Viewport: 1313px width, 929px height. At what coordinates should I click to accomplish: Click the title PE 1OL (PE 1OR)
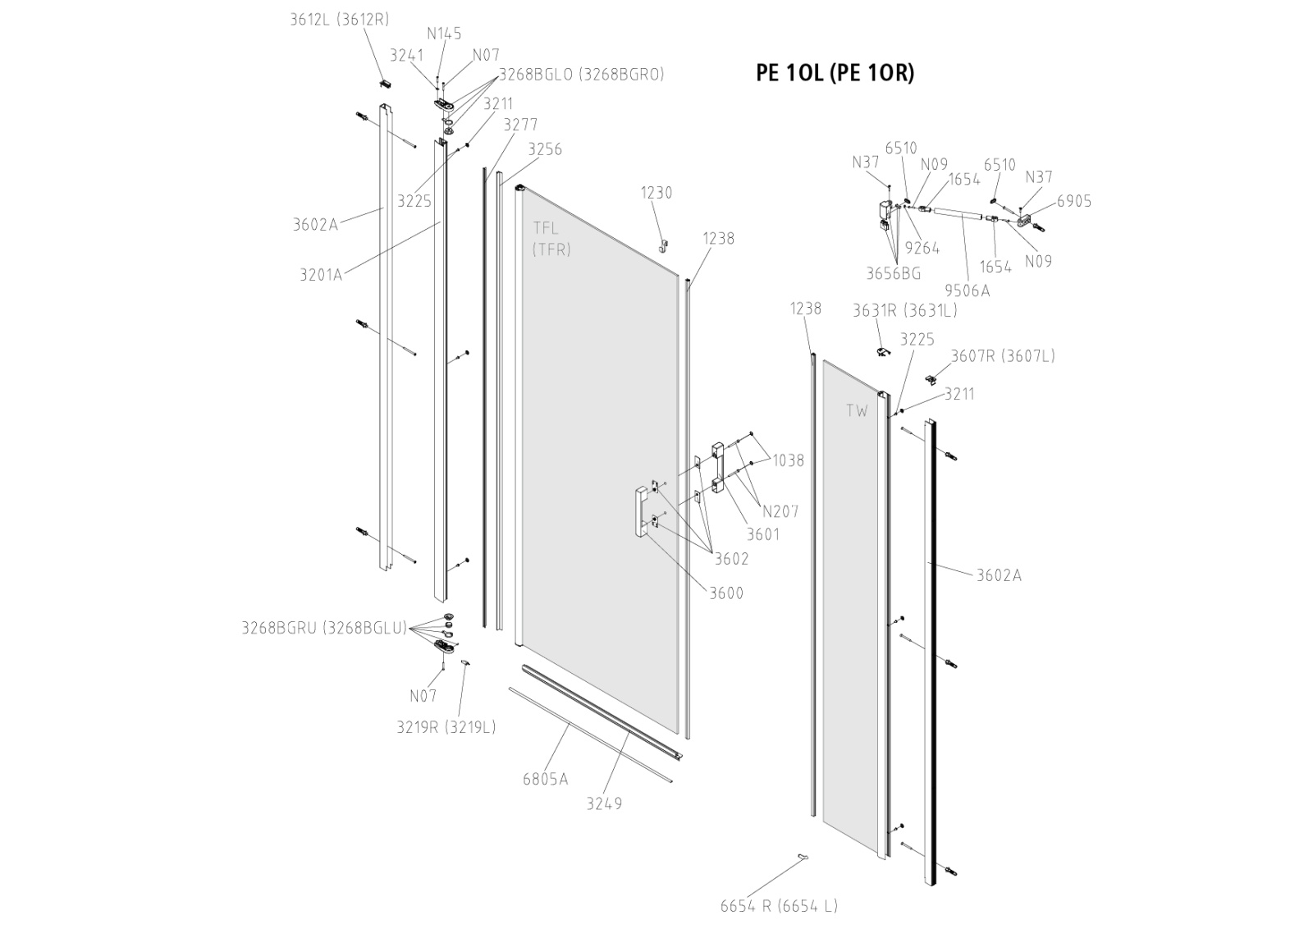click(835, 73)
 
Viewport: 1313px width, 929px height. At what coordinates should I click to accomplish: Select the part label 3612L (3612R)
click(339, 19)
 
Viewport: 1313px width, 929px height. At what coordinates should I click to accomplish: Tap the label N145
click(444, 34)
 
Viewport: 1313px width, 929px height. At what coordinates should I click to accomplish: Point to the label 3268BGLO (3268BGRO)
click(582, 74)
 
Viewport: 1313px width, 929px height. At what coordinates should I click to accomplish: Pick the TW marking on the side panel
click(857, 411)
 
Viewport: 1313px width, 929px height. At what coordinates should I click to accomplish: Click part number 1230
click(656, 193)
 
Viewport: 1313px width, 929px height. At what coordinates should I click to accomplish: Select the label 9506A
click(968, 290)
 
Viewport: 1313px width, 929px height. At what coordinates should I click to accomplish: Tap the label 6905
click(1074, 201)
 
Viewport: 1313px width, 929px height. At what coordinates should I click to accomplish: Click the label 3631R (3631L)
click(904, 310)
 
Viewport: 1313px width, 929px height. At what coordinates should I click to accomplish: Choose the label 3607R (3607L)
click(1003, 355)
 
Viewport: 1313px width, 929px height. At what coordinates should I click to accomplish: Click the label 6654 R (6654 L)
click(779, 906)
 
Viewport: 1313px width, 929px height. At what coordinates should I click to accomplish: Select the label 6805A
click(545, 779)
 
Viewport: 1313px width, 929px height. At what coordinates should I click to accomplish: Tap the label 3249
click(604, 803)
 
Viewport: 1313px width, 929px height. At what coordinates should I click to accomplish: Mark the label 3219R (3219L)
click(446, 727)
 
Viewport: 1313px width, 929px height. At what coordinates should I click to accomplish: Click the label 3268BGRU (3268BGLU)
click(324, 629)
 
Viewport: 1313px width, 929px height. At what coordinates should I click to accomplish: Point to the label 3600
click(726, 593)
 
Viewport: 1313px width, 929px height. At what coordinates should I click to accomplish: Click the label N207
click(780, 511)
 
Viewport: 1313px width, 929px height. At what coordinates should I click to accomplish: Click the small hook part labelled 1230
click(663, 244)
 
